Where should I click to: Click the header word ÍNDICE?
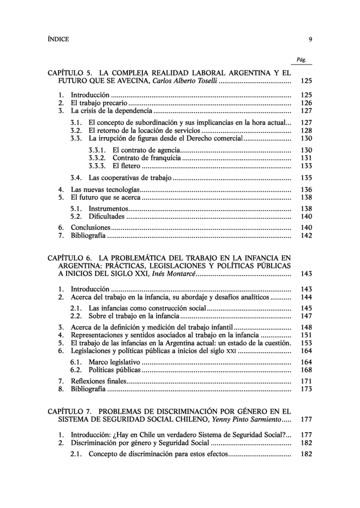[x=58, y=39]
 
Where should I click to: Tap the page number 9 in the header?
[x=310, y=39]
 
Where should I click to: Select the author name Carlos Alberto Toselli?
[x=184, y=80]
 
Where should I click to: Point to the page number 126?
[x=306, y=103]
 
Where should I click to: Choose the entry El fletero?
[x=126, y=166]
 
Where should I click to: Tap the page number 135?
[x=306, y=178]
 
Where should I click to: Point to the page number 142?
[x=306, y=236]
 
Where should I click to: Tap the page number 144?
[x=306, y=297]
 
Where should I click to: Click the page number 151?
[x=306, y=335]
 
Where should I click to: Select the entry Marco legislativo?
[x=114, y=362]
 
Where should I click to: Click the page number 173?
[x=306, y=389]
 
